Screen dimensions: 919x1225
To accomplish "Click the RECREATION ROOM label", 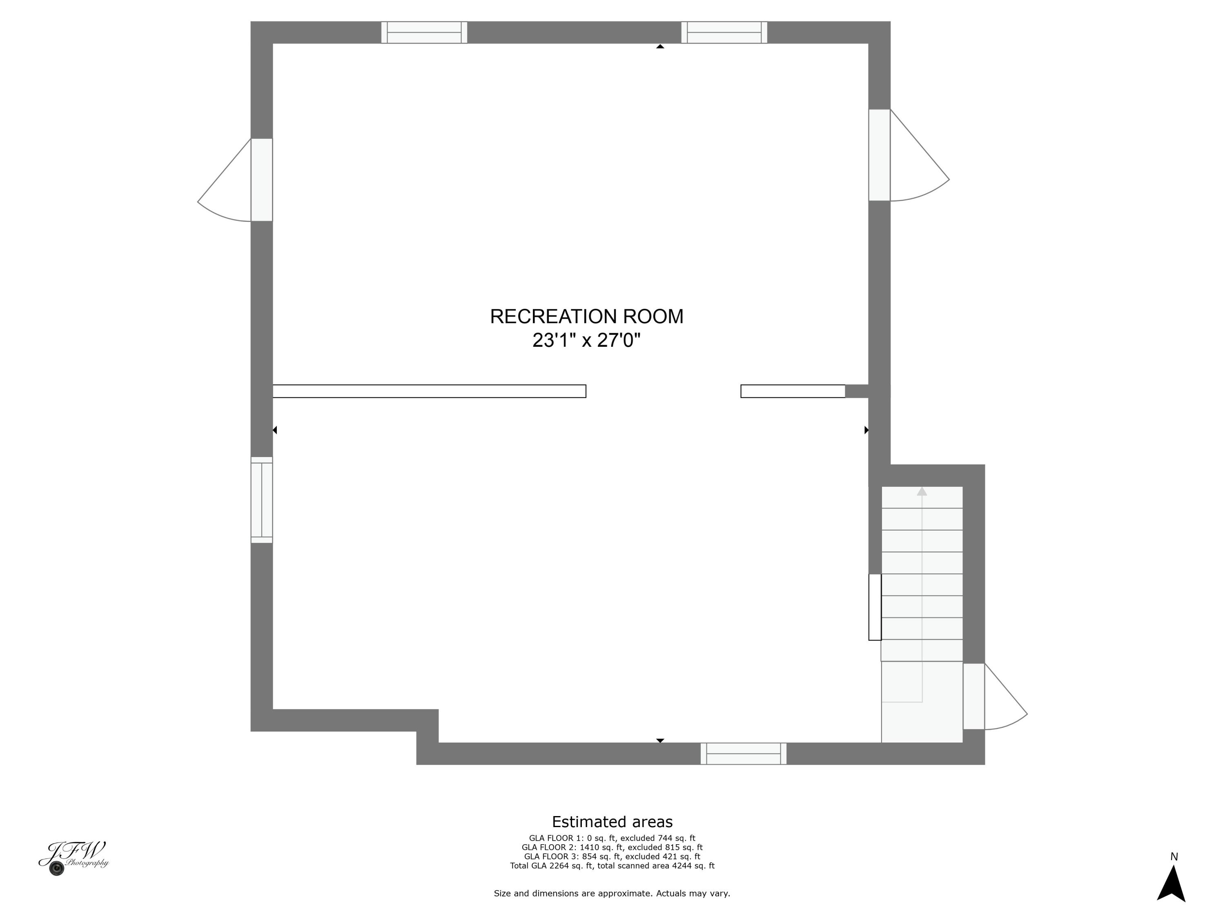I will (x=586, y=316).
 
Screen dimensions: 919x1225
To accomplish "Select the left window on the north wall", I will (x=424, y=32).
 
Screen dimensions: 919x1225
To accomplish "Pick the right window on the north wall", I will (x=724, y=32).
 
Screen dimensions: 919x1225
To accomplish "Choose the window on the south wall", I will (x=743, y=753).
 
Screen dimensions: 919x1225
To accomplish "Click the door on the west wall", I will (x=261, y=180).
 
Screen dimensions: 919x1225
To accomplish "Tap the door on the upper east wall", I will (x=880, y=155).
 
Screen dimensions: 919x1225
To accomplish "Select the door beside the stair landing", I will (x=973, y=696).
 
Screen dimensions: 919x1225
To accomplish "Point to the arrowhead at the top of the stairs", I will (x=922, y=491).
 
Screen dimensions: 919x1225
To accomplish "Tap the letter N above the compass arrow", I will (x=1174, y=857).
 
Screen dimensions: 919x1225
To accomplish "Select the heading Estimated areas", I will (x=612, y=821).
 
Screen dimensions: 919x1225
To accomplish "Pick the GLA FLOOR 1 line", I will (x=612, y=838).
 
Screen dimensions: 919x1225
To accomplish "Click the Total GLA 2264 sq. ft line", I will (x=612, y=865).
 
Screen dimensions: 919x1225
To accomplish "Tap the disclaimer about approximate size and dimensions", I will (x=612, y=893).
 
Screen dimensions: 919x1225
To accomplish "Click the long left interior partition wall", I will (x=429, y=391).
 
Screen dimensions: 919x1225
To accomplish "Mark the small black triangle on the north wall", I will (x=660, y=47).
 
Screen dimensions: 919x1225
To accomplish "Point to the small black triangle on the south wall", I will (x=660, y=740).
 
